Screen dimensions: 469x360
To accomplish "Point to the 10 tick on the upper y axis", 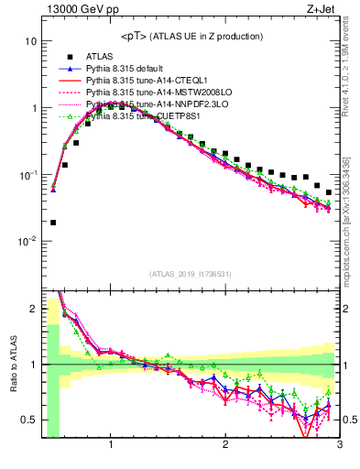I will click(x=31, y=42).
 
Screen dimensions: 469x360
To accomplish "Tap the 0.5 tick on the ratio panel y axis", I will click(x=29, y=420).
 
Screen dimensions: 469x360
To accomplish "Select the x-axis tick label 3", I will click(x=339, y=446).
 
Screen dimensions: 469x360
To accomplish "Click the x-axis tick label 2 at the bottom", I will click(x=225, y=446).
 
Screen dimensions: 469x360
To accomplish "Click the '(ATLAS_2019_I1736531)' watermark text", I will click(x=191, y=274).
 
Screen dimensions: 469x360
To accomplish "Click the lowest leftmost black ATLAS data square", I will click(x=53, y=222).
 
